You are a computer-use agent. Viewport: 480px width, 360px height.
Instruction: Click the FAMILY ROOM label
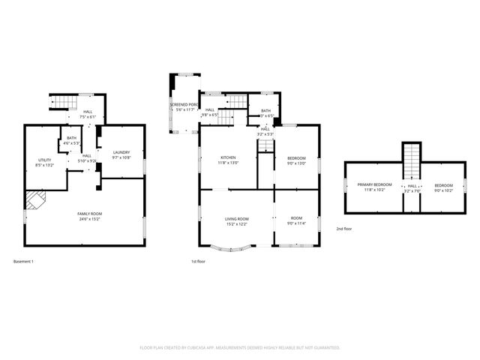click(x=90, y=214)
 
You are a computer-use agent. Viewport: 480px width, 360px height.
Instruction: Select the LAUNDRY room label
click(x=121, y=154)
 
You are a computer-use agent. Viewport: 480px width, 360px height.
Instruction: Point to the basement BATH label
click(x=71, y=138)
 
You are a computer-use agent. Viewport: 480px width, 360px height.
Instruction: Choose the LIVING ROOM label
click(x=236, y=218)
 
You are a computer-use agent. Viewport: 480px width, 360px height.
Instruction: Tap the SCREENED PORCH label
click(x=183, y=105)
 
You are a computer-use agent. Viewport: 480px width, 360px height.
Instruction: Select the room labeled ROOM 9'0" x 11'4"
click(x=296, y=218)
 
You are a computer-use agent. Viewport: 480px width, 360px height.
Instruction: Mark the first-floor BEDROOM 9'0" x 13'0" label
click(x=296, y=158)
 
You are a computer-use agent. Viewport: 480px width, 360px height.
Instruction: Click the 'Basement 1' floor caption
click(x=23, y=261)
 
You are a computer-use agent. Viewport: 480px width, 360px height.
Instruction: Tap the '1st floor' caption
click(x=199, y=261)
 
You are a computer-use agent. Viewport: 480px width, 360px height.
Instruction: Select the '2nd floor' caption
click(x=343, y=228)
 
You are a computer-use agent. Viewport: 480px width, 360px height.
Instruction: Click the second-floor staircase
click(x=411, y=161)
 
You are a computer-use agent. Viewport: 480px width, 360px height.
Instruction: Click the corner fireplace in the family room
click(x=34, y=199)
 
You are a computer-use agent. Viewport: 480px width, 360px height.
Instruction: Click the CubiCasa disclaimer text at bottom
click(x=240, y=347)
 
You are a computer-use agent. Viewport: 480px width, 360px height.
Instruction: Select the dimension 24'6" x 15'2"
click(x=90, y=219)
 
